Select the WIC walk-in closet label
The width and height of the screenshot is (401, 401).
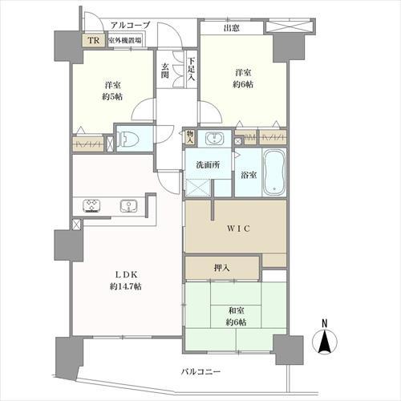pos(237,229)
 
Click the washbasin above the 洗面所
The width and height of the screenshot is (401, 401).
pos(213,138)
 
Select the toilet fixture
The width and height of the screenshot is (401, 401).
pos(130,140)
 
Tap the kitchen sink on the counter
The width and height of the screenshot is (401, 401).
pos(128,207)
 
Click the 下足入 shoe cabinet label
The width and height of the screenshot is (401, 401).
pos(191,61)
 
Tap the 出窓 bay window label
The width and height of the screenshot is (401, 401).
pos(233,29)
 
